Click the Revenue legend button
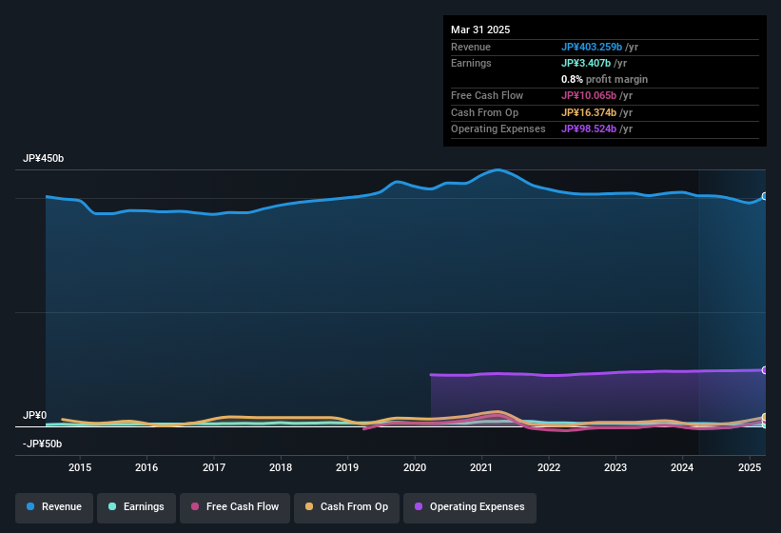tap(54, 506)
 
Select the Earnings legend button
tap(136, 506)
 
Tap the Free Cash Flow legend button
tap(234, 506)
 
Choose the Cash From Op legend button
tap(345, 506)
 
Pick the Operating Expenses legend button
tap(469, 506)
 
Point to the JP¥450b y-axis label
tap(44, 158)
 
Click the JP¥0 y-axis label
tap(35, 416)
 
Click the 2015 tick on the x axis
tap(80, 467)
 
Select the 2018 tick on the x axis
tap(281, 467)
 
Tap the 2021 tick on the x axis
tap(481, 467)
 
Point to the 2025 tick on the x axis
tap(750, 467)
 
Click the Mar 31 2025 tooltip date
tap(480, 30)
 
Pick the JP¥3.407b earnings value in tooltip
tap(589, 63)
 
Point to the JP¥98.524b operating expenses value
tap(596, 128)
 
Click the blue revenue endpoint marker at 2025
tap(765, 197)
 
